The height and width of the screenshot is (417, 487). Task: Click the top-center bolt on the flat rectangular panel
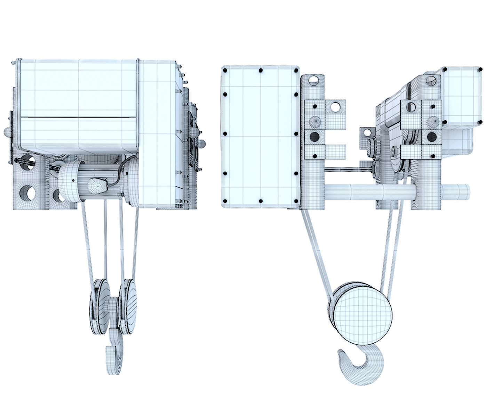tap(261, 71)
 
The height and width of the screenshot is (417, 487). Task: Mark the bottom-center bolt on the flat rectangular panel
tap(261, 201)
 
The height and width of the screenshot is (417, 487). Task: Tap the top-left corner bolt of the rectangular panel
tap(225, 71)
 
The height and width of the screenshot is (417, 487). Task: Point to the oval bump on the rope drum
tap(98, 185)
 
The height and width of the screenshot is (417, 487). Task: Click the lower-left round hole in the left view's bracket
tap(26, 192)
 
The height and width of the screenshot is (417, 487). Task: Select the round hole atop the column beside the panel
tap(313, 80)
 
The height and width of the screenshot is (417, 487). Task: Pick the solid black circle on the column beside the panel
tap(314, 137)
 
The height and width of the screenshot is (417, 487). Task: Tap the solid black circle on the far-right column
tap(432, 136)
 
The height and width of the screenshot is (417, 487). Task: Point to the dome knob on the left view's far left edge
tap(7, 132)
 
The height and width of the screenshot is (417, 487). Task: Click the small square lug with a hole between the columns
tap(366, 133)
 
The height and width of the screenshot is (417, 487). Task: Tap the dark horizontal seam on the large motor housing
tap(78, 117)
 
